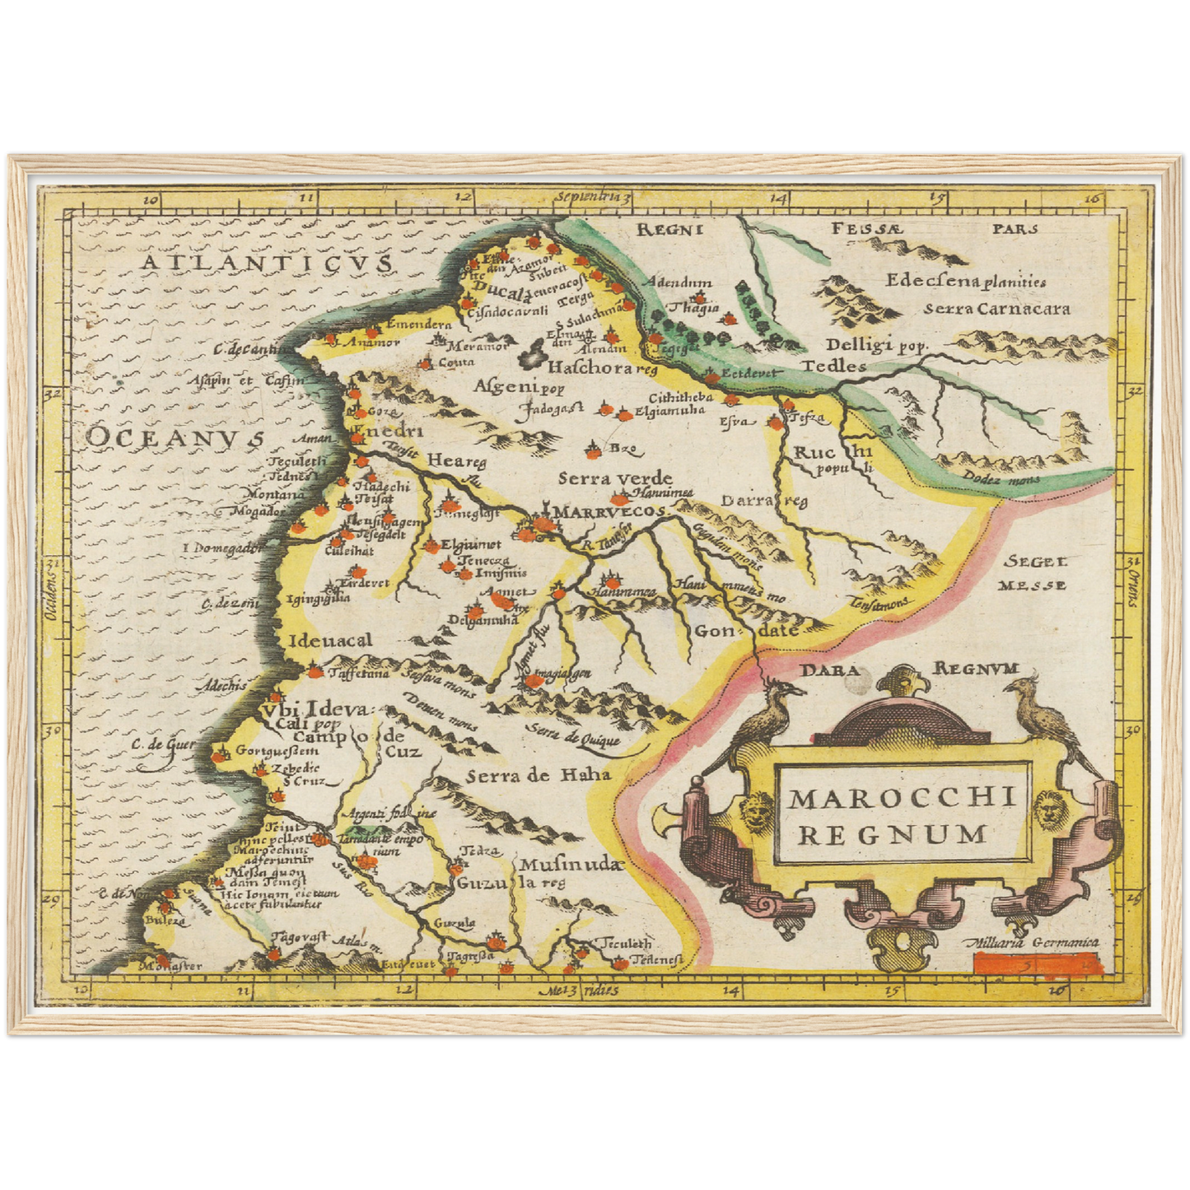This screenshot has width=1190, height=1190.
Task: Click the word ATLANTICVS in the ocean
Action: point(265,263)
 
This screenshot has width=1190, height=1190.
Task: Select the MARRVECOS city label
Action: point(609,512)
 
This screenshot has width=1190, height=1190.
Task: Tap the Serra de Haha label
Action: point(538,775)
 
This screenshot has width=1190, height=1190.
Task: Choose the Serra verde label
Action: point(615,478)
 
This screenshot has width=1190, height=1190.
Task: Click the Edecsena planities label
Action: point(965,281)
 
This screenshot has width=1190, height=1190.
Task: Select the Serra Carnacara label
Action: point(996,309)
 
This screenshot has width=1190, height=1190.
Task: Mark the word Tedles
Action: point(834,366)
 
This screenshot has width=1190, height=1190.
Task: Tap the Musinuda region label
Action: point(568,865)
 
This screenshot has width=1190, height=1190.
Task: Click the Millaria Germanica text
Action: point(1034,944)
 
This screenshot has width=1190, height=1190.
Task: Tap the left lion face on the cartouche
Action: point(756,809)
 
